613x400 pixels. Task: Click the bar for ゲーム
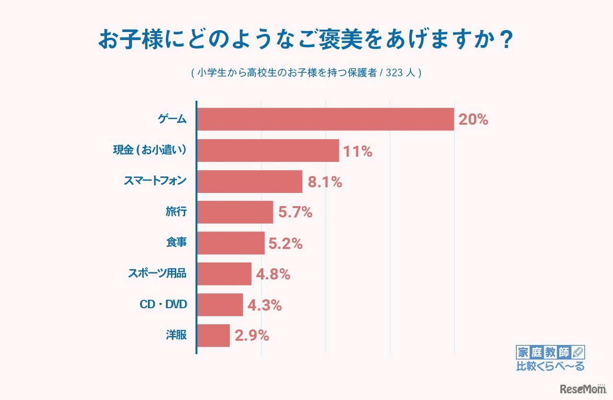325,119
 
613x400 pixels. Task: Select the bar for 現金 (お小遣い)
268,150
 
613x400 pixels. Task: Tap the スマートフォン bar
250,181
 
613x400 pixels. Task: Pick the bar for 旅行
235,212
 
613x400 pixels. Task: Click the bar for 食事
230,243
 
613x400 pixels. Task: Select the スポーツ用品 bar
224,274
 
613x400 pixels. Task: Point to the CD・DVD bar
220,305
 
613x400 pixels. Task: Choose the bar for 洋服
213,335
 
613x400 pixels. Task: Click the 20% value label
473,120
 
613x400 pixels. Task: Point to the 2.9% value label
252,336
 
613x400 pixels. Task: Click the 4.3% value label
265,305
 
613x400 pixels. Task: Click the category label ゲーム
172,120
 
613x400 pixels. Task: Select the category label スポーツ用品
157,274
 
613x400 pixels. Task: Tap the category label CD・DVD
162,305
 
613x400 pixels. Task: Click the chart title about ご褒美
306,41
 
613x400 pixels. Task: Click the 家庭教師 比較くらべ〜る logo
550,359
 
